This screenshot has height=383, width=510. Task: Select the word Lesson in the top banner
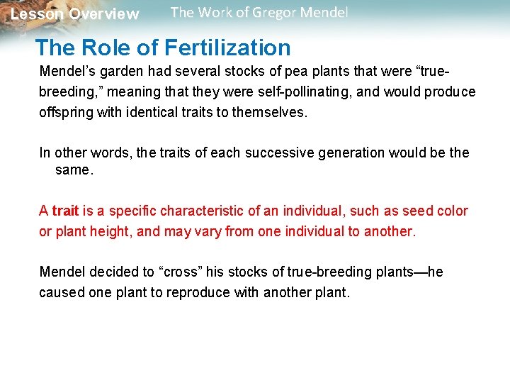37,14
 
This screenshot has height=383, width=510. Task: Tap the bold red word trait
65,211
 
